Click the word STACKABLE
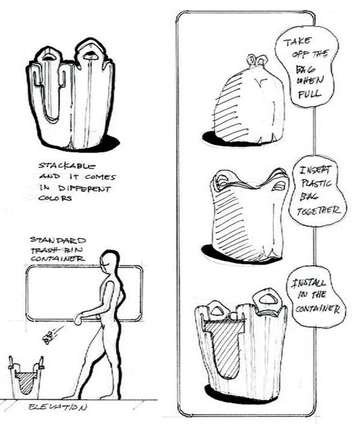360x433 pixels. click(67, 166)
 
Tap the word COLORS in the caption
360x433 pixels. click(55, 198)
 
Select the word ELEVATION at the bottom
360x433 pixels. click(58, 407)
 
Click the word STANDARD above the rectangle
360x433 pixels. click(58, 240)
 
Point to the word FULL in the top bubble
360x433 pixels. click(309, 94)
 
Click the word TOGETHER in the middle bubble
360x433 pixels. click(318, 211)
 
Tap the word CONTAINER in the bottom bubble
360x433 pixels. click(317, 309)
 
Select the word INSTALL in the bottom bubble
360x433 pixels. click(309, 283)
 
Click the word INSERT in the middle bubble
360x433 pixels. click(314, 170)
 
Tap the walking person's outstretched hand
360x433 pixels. click(78, 320)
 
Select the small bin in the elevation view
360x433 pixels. click(26, 378)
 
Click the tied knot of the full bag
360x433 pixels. click(257, 61)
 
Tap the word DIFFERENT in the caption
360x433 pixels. click(85, 189)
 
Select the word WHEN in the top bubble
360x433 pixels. click(310, 81)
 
